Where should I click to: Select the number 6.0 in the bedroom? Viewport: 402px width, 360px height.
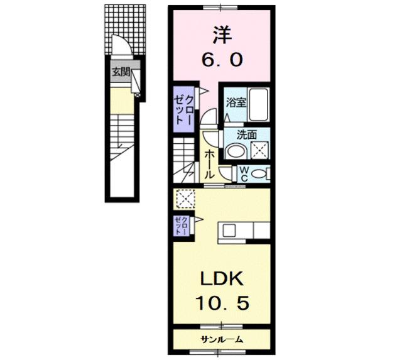pos(219,61)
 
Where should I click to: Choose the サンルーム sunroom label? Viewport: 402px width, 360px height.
pos(222,340)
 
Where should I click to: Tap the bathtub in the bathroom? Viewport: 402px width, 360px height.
pos(259,104)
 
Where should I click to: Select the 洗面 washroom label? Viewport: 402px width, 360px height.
pos(246,133)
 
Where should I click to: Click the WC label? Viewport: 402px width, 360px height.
pos(244,173)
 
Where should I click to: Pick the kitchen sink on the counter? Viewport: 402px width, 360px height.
pos(226,231)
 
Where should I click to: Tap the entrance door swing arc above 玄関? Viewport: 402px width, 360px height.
pos(120,45)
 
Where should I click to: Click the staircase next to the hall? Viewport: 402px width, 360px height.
pos(186,157)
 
